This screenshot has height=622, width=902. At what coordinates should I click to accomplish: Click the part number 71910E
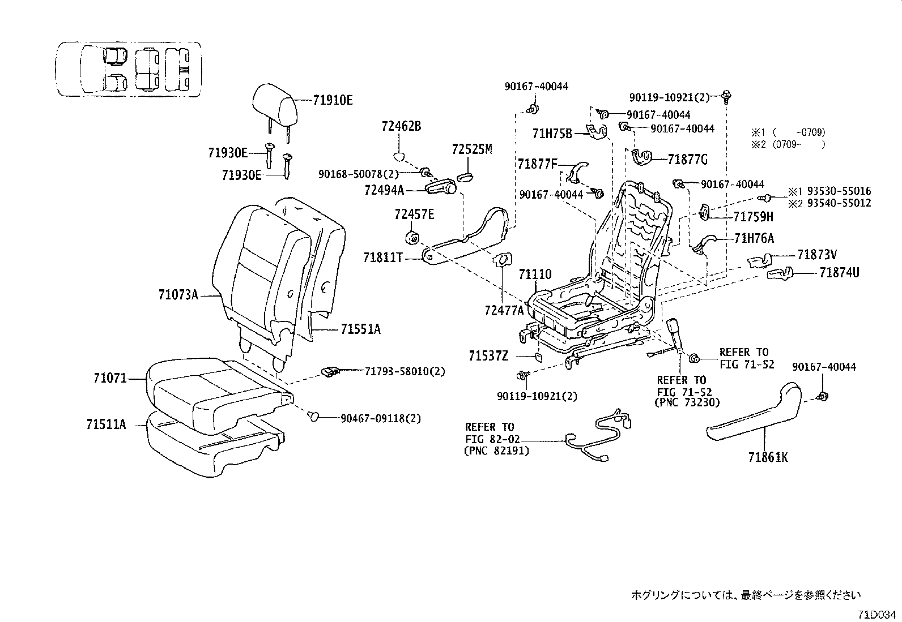[333, 101]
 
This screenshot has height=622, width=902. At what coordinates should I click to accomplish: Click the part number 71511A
[106, 423]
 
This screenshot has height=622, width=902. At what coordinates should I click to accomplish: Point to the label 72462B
[401, 126]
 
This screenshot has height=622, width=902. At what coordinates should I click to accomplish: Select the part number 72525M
[473, 149]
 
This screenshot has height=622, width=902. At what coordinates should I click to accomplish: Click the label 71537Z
[488, 355]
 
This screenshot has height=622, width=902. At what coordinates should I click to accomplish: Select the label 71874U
[839, 273]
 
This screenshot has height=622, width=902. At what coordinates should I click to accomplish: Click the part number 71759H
[753, 216]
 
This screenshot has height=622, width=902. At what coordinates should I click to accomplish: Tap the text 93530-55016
[839, 191]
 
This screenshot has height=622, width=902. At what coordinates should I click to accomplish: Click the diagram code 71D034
[877, 614]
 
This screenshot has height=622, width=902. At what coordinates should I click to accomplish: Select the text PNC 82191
[496, 451]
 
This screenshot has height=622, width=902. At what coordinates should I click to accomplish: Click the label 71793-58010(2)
[405, 371]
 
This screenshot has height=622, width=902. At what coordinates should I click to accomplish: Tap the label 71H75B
[552, 134]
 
